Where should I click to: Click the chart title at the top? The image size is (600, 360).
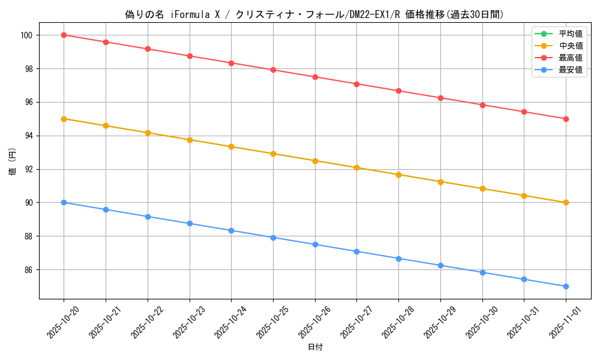314,14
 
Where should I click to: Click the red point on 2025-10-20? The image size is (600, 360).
64,35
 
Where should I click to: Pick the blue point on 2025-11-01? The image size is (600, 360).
566,286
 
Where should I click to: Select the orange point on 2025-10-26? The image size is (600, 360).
315,161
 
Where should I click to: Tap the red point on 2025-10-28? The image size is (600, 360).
398,91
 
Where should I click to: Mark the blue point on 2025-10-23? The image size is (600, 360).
190,223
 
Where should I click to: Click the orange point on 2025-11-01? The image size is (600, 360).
566,203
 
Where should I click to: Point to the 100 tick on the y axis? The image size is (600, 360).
28,35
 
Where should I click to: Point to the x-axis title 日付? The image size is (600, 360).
315,347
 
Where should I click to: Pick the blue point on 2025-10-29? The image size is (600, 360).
440,265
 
